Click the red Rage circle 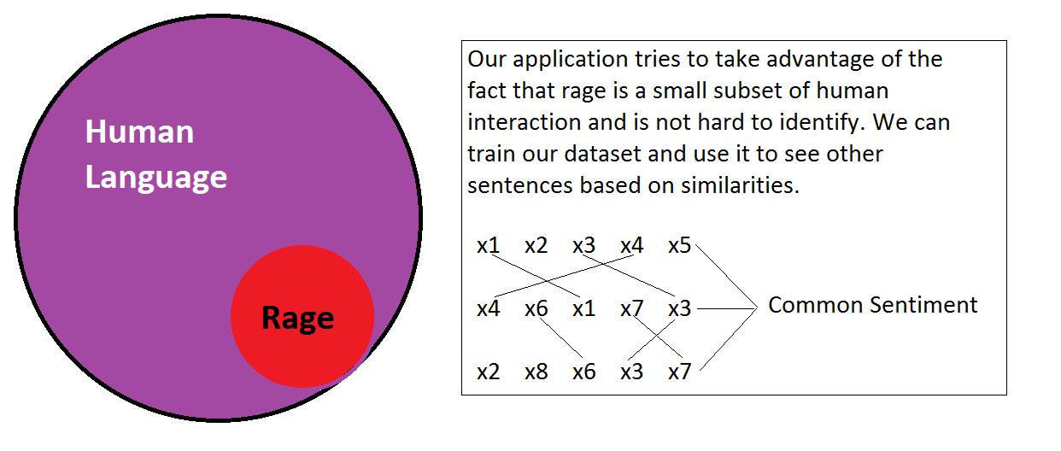click(x=302, y=317)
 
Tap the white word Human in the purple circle click(x=139, y=132)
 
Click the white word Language click(x=156, y=178)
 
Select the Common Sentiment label click(x=872, y=305)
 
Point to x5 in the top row click(x=679, y=246)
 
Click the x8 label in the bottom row click(x=536, y=372)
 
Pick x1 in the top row click(x=488, y=246)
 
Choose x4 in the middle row click(x=488, y=308)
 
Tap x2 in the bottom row click(x=488, y=372)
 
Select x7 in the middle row click(x=631, y=308)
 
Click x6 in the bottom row click(x=583, y=372)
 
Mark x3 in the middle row click(x=679, y=308)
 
